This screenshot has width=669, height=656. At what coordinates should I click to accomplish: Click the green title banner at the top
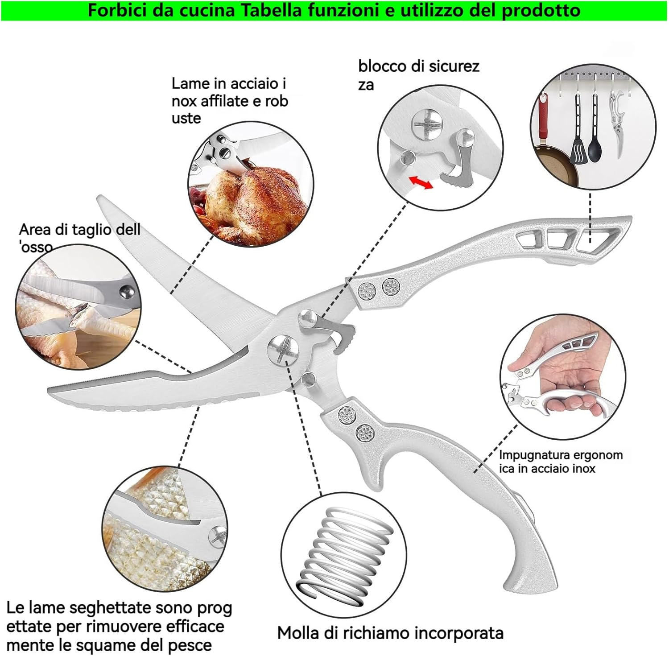(x=334, y=10)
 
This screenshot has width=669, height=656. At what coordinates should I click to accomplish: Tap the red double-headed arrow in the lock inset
(x=421, y=182)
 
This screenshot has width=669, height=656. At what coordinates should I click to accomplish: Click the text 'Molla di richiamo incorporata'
(x=390, y=633)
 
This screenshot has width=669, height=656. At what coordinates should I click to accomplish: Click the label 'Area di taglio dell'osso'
(x=79, y=237)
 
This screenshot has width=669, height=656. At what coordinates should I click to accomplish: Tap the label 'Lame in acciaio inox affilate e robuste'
(x=229, y=101)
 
